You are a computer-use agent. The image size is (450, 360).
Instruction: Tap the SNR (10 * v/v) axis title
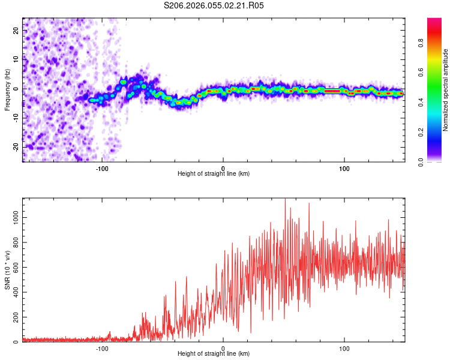[x=7, y=270]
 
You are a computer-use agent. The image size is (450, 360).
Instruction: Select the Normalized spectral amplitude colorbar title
[x=446, y=90]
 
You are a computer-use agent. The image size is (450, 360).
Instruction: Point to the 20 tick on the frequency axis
[x=16, y=30]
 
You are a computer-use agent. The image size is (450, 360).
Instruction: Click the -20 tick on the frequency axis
[x=15, y=147]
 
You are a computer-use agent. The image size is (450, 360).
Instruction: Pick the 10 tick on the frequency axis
[x=16, y=59]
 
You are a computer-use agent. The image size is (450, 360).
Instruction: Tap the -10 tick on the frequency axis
[x=15, y=118]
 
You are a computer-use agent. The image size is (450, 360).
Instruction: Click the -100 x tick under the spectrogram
[x=101, y=168]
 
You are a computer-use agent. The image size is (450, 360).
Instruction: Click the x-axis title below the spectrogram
[x=214, y=173]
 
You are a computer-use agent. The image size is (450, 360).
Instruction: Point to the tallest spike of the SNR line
[x=285, y=200]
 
